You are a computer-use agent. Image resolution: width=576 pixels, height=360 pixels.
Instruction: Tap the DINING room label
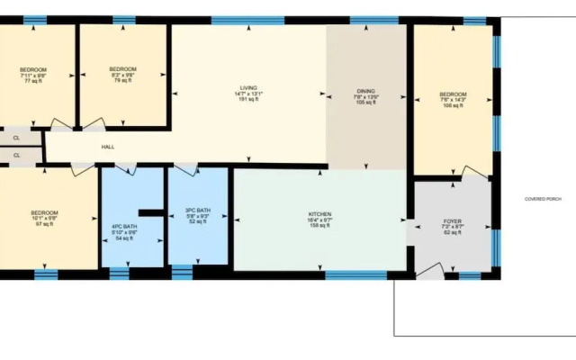[x=365, y=92]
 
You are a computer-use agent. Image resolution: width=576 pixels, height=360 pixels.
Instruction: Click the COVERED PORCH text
[x=543, y=199]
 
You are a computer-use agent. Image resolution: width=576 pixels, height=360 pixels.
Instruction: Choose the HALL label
[x=108, y=147]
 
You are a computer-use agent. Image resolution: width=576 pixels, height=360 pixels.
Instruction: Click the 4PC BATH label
[x=123, y=227]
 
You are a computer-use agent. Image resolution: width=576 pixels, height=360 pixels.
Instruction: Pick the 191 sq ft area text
[x=241, y=100]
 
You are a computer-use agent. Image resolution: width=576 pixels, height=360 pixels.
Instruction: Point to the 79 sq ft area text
[x=122, y=81]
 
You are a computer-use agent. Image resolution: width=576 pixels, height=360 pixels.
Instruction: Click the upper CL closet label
[x=16, y=138]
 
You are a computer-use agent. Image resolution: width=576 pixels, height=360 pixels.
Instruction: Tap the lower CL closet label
[x=16, y=156]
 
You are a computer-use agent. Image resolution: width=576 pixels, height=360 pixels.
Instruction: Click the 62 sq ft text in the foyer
[x=452, y=232]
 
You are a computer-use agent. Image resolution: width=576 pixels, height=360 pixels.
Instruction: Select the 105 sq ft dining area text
[x=365, y=103]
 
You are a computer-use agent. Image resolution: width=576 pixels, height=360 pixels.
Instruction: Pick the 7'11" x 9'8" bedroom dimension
[x=33, y=76]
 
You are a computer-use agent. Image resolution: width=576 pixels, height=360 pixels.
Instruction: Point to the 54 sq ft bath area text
[x=123, y=238]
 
